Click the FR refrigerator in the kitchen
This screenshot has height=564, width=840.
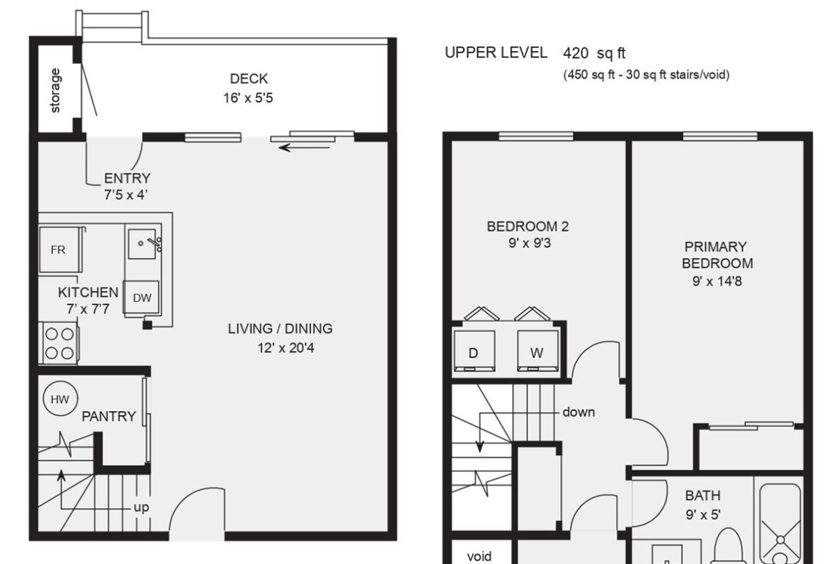(x=60, y=250)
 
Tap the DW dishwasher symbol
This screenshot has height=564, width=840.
(x=141, y=297)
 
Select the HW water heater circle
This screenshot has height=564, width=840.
(x=60, y=399)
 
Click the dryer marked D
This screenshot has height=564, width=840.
(x=474, y=351)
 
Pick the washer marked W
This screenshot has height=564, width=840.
(x=537, y=351)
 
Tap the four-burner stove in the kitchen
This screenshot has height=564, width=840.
(x=60, y=343)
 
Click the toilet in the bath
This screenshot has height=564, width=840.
(x=729, y=547)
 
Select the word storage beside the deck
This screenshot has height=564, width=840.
(x=55, y=91)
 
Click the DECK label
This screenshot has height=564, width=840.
(x=248, y=79)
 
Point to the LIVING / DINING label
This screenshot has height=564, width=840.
(x=280, y=328)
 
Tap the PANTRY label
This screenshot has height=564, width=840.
(x=108, y=416)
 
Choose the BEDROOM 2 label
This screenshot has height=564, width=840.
(x=528, y=226)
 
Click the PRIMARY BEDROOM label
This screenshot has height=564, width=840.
(x=717, y=255)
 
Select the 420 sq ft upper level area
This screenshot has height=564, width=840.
(x=594, y=53)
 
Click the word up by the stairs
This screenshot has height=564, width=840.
(x=141, y=507)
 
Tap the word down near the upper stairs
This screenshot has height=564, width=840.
(x=579, y=412)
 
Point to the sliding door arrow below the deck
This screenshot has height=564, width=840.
(x=304, y=147)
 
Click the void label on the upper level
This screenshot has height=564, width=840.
(x=479, y=557)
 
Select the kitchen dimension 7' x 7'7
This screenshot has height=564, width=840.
(x=88, y=310)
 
